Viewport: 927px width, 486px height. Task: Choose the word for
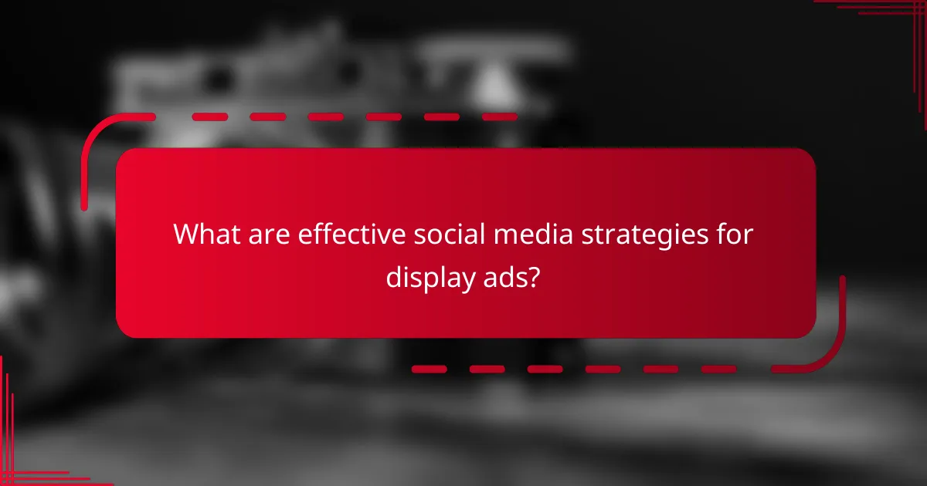(734, 234)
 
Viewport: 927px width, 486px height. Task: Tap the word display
(426, 277)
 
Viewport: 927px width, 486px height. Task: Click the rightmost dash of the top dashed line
(499, 117)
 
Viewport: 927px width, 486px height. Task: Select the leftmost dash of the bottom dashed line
(429, 370)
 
